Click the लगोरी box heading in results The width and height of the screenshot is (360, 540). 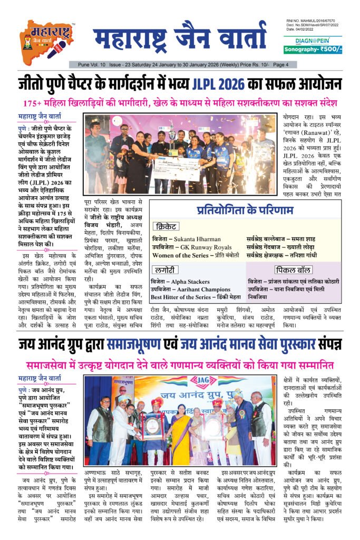point(164,269)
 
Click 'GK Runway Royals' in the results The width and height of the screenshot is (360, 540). point(205,247)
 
